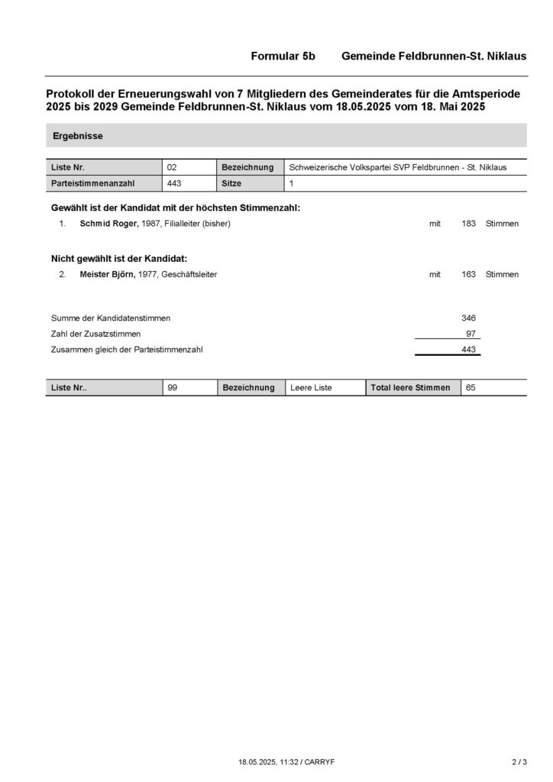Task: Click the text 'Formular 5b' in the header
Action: pos(283,57)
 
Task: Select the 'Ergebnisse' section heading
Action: pos(78,136)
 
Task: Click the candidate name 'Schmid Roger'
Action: pos(108,224)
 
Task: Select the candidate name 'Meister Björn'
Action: pos(108,274)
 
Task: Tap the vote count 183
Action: pos(469,224)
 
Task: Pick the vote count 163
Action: pos(469,274)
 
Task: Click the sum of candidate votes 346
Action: pos(469,318)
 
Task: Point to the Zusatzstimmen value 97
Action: pos(471,334)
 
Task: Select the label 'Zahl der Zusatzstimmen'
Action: pos(95,334)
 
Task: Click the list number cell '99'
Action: pos(172,388)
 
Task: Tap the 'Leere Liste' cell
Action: pos(312,388)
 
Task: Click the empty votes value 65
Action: pos(471,388)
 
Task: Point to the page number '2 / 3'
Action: pos(519,761)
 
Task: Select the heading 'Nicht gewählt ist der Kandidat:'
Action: pos(119,258)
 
